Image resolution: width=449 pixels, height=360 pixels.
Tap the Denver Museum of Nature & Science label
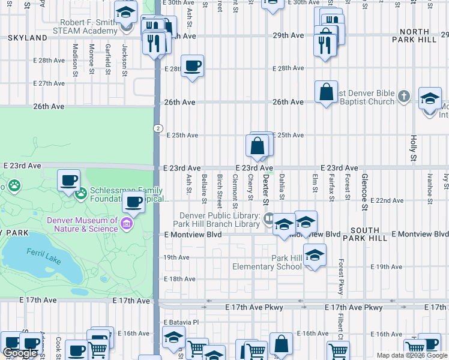pos(83,224)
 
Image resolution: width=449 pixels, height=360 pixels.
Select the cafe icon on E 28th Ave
pos(192,65)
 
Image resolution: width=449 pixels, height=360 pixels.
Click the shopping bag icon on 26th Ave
pos(326,92)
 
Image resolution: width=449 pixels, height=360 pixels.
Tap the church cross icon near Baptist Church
pos(404,96)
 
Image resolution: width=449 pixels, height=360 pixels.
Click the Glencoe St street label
pos(364,192)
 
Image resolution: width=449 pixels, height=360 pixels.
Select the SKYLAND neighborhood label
pos(28,38)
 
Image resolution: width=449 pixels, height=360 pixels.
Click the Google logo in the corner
pos(20,353)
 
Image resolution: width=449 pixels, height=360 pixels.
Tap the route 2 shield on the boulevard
pos(157,128)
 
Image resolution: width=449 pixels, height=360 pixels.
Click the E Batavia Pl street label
pos(181,322)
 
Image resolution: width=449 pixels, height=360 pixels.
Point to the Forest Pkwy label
pos(340,277)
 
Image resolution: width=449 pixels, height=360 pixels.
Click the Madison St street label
pos(76,59)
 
